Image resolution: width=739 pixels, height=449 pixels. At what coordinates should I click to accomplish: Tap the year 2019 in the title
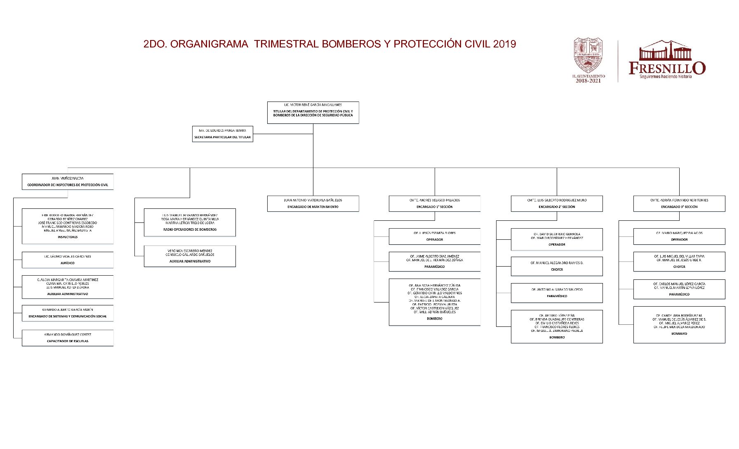point(504,44)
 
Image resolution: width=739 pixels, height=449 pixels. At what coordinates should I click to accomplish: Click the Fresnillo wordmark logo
point(667,60)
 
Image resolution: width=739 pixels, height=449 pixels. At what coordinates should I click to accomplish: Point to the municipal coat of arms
point(588,55)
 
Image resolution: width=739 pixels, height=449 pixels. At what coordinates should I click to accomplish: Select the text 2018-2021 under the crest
point(588,81)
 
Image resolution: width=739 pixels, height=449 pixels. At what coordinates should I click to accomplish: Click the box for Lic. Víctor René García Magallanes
point(313,112)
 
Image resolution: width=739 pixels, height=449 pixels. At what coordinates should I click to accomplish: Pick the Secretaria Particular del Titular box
point(222,134)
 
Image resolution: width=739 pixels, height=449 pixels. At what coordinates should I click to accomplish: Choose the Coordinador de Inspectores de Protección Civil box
point(68,182)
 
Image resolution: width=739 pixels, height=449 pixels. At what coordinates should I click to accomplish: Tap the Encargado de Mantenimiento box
point(313,203)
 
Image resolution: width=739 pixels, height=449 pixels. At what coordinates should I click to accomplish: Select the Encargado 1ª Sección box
point(435,203)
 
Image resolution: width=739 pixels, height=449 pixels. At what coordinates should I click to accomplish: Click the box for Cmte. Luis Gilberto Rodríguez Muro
point(557,203)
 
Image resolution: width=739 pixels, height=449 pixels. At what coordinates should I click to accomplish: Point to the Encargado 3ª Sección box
point(679,203)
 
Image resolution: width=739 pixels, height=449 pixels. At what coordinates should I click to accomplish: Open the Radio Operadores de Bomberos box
point(190,222)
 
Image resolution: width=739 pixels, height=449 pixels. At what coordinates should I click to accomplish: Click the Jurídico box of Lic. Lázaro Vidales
point(68,260)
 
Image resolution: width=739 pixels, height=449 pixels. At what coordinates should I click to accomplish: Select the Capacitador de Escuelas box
point(68,338)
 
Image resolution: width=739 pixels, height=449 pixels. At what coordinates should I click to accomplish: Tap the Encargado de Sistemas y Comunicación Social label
point(68,317)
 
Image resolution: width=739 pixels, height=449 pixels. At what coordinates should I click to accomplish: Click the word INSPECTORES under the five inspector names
point(68,237)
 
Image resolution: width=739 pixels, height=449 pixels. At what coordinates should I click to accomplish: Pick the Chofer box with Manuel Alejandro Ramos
point(557,266)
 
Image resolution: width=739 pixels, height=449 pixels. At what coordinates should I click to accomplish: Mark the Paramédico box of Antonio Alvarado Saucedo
point(557,293)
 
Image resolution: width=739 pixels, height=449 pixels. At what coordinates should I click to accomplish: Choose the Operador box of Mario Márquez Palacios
point(679,236)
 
